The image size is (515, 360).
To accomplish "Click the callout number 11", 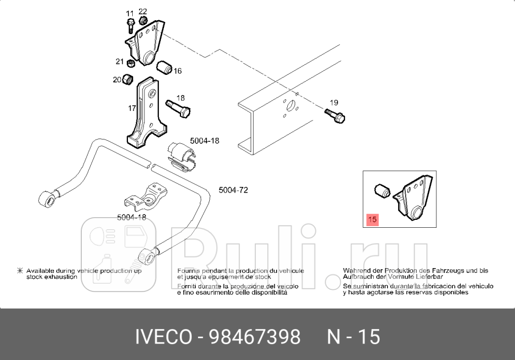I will click(x=130, y=13).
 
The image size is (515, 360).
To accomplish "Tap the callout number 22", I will click(x=143, y=12).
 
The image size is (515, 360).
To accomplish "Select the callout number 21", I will click(x=120, y=62).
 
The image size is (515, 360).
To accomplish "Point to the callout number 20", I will click(x=117, y=80).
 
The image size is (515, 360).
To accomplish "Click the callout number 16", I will click(x=177, y=71).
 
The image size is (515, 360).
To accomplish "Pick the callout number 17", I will click(x=132, y=108).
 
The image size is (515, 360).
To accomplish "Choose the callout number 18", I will click(x=181, y=98).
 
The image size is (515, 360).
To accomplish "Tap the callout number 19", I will click(x=333, y=102).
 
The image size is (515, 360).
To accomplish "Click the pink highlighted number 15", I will click(x=372, y=219).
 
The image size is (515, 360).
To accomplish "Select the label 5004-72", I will click(x=233, y=190).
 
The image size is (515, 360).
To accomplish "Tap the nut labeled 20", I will click(x=127, y=80).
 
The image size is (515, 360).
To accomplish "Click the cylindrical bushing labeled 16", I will click(x=166, y=68).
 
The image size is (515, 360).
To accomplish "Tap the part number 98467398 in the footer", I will click(x=255, y=337).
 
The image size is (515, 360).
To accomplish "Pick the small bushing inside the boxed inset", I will click(x=382, y=189).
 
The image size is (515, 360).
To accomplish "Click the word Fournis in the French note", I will click(x=188, y=271).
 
